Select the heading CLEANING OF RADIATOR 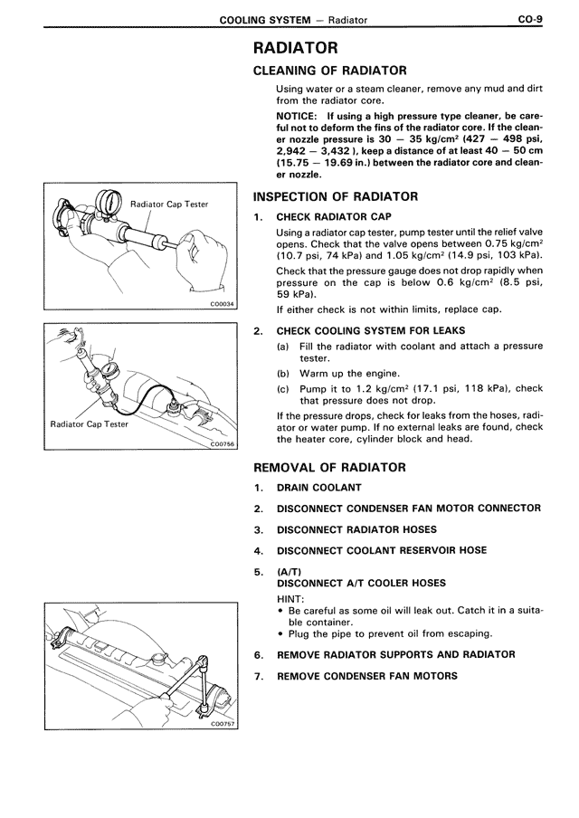pyautogui.click(x=329, y=71)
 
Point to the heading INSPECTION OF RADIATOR pyautogui.click(x=335, y=197)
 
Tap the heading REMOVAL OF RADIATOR pyautogui.click(x=328, y=468)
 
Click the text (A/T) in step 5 pyautogui.click(x=288, y=572)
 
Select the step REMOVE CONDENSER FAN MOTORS pyautogui.click(x=366, y=676)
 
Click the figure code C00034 pyautogui.click(x=221, y=305)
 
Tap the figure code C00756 pyautogui.click(x=221, y=444)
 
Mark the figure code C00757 pyautogui.click(x=221, y=723)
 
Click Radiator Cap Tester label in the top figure pyautogui.click(x=169, y=204)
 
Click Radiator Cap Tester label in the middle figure pyautogui.click(x=90, y=423)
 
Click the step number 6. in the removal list pyautogui.click(x=258, y=654)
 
